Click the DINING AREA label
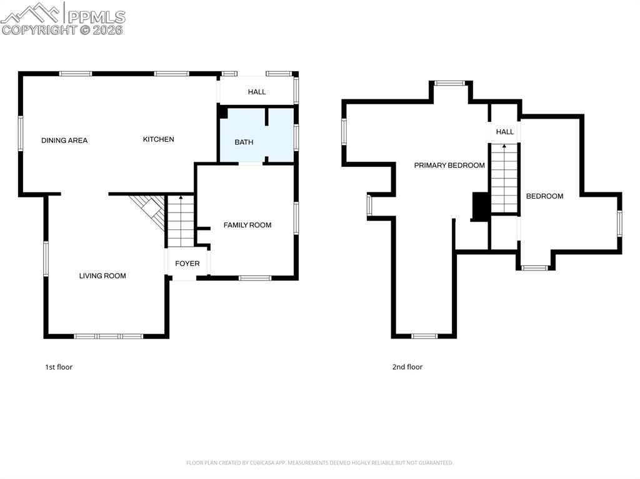point(64,141)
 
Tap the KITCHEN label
point(159,139)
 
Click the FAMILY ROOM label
point(247,225)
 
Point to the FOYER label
point(187,264)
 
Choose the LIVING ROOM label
point(102,276)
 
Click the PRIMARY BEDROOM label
point(449,165)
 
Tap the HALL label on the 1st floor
point(257,92)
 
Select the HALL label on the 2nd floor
point(505,132)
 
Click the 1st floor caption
point(59,367)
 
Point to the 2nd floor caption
point(407,367)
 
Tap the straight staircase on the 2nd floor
point(504,178)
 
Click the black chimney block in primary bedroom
point(481,207)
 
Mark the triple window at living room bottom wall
point(109,336)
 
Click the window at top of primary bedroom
point(450,82)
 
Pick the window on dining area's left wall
point(21,133)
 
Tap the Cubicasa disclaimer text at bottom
point(320,463)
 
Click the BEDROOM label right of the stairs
point(544,196)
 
